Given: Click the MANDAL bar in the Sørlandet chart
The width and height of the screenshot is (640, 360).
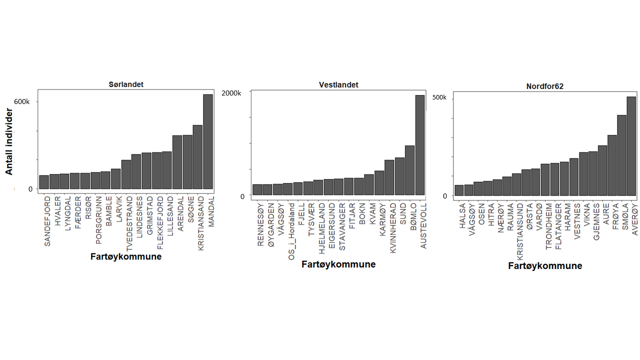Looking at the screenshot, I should coord(208,141).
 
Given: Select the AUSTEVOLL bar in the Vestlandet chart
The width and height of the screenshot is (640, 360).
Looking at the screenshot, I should coord(420,145).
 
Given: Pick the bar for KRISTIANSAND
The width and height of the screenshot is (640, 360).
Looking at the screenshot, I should coord(197,157).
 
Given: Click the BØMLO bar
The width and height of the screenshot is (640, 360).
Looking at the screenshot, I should coord(409,170).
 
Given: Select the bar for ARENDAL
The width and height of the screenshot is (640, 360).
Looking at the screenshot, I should coord(177,162).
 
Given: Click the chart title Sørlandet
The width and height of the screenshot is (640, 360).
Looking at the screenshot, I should coord(126,84).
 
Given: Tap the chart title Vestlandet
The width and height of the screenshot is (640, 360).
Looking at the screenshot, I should coord(338,85).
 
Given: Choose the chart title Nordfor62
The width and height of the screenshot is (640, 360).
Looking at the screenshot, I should coord(545,86).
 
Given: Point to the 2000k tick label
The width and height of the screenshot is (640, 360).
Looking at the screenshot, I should coord(231,93).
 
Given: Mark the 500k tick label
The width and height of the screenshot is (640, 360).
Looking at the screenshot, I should coord(439,97).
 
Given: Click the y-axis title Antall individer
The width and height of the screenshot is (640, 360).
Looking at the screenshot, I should coord(9,141).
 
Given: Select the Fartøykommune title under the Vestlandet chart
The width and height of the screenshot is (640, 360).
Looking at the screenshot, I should coord(338,264).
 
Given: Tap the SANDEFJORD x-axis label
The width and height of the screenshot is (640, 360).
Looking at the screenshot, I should coord(47,214).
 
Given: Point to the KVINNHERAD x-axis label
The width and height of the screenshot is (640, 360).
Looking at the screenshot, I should coord(393,227).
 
